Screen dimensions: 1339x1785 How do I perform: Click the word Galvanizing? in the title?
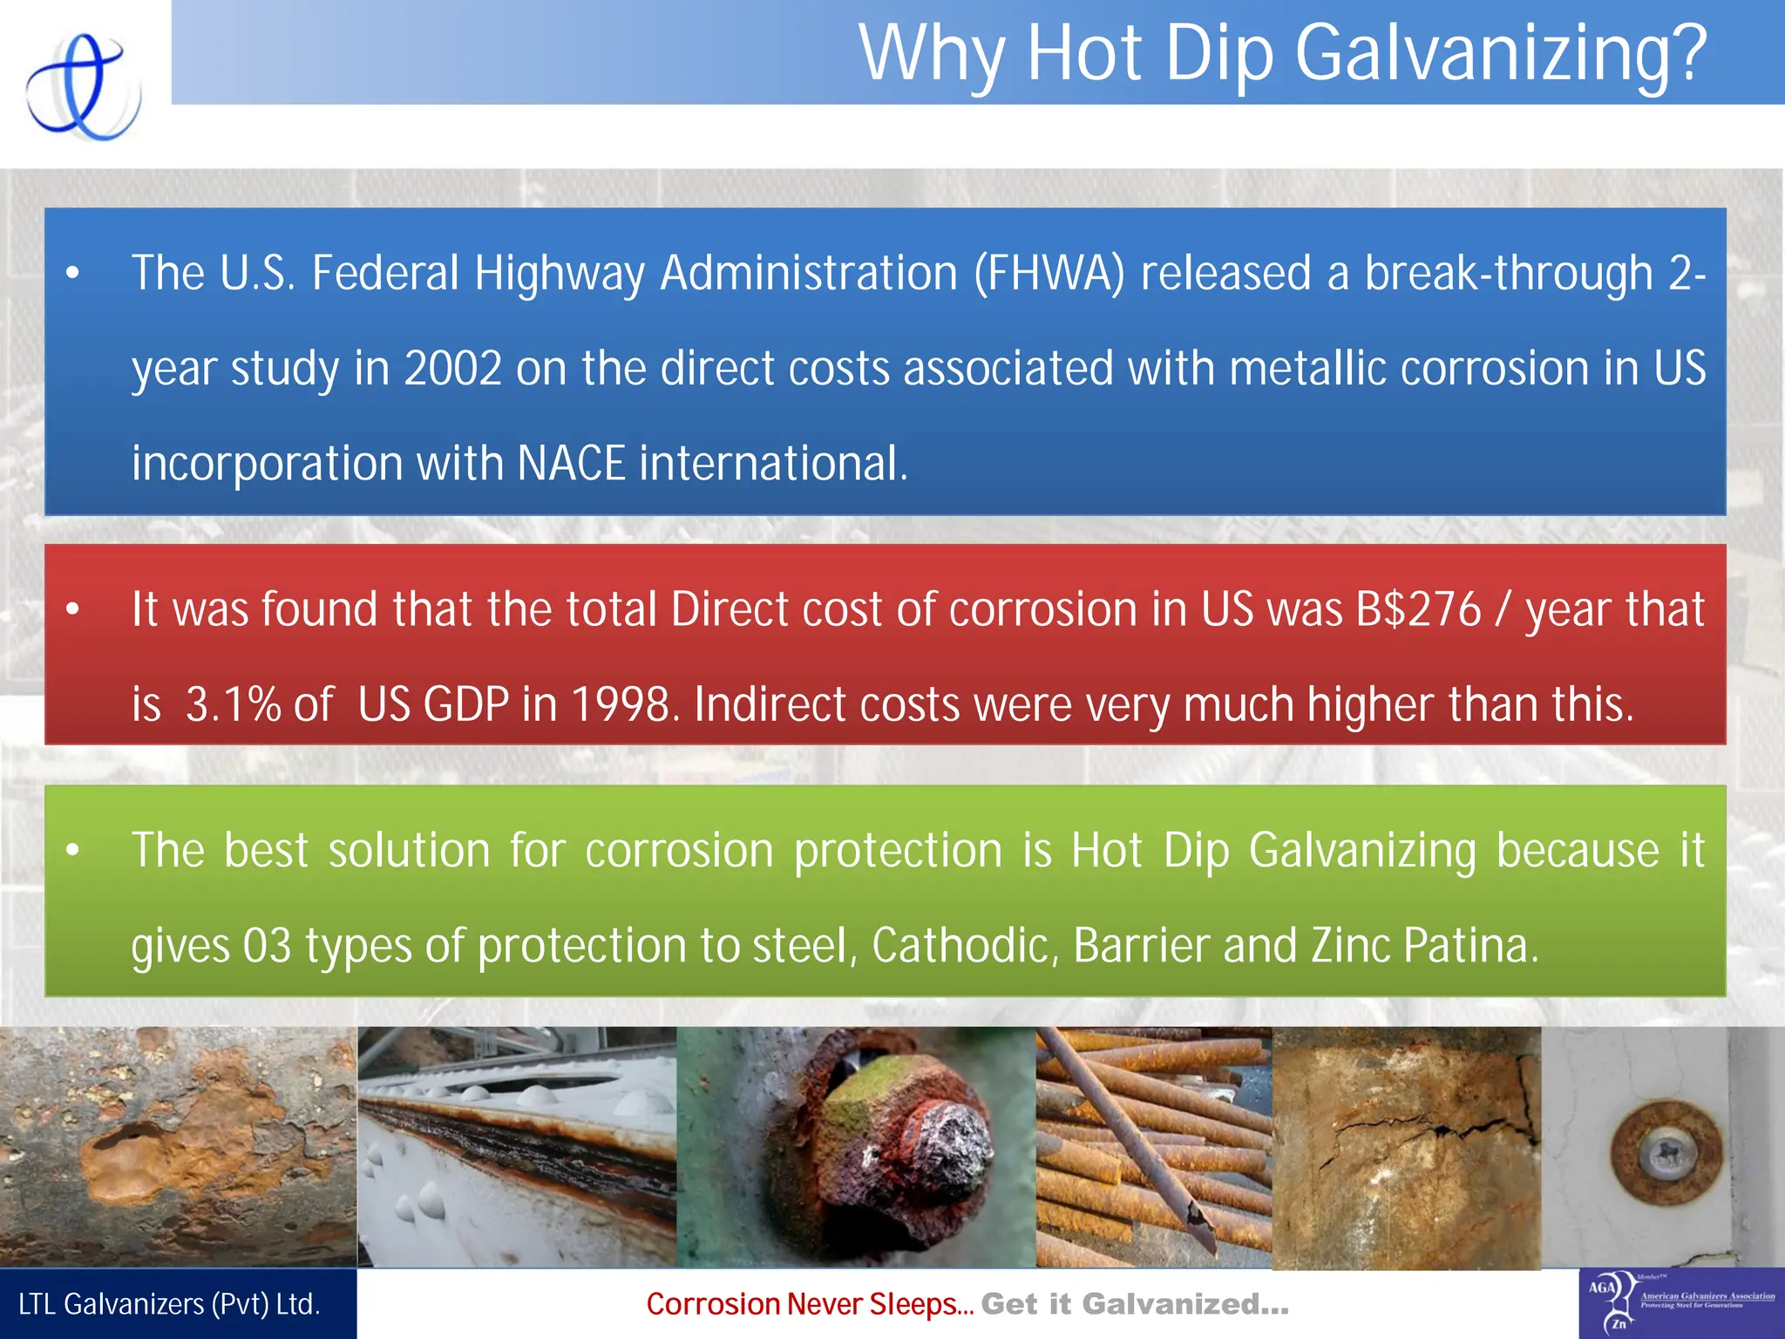tap(1500, 54)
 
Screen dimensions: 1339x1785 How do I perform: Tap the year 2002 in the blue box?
tap(452, 368)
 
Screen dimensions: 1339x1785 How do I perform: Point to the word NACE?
tap(571, 463)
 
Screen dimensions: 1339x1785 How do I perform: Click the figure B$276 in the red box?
tap(1418, 608)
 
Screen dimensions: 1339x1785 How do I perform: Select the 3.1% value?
tap(233, 704)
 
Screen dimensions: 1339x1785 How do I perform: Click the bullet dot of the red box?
tap(73, 608)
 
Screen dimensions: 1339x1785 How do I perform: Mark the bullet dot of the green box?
tap(73, 849)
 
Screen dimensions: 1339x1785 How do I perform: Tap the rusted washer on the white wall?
tap(1666, 1152)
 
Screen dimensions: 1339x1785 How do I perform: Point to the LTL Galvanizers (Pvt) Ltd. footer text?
tap(170, 1304)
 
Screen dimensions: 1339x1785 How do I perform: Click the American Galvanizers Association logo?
tap(1681, 1303)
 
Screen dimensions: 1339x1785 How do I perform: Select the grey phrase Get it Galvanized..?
tap(1134, 1304)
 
